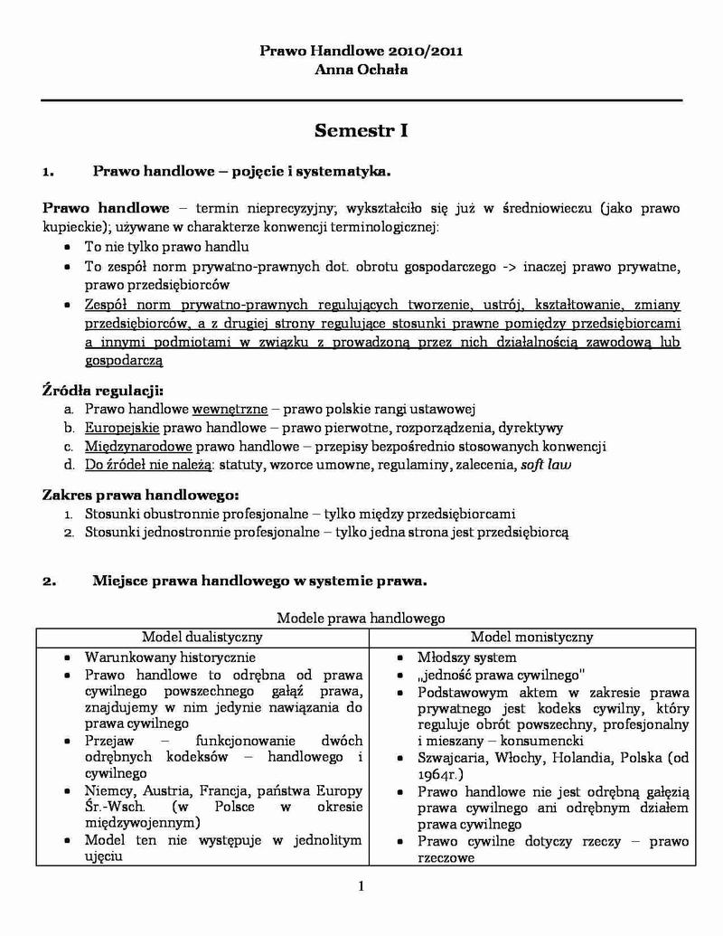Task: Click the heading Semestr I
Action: click(x=361, y=131)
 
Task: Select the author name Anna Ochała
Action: click(x=361, y=70)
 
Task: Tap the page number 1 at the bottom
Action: click(x=361, y=885)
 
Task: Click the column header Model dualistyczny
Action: click(x=202, y=637)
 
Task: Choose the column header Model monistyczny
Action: click(x=531, y=637)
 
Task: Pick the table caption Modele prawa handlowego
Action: click(x=361, y=619)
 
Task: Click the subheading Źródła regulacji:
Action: click(x=102, y=390)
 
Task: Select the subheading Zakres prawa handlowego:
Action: click(x=141, y=495)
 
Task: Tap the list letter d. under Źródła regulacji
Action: click(x=69, y=466)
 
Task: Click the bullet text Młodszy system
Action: click(x=466, y=657)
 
